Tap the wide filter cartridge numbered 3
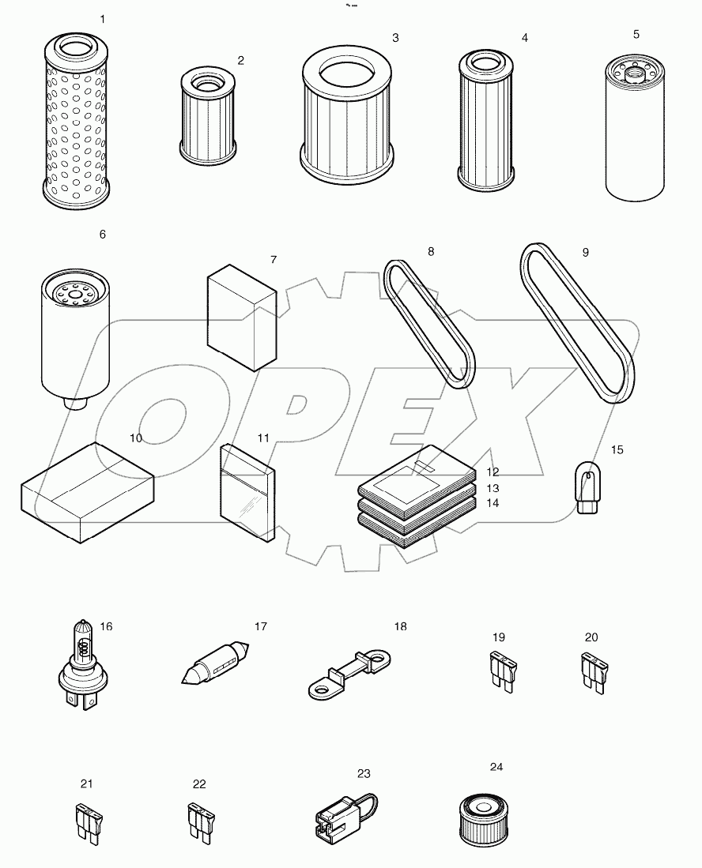pyautogui.click(x=348, y=118)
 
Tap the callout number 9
pyautogui.click(x=585, y=253)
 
